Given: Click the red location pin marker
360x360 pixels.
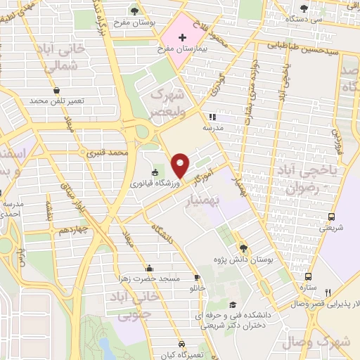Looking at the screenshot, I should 181,165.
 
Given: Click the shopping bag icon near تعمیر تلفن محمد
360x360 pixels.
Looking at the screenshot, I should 56,91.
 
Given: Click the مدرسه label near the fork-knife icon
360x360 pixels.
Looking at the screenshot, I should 212,129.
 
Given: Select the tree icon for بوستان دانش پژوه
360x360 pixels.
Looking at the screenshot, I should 243,247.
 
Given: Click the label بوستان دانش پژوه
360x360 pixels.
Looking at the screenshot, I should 245,259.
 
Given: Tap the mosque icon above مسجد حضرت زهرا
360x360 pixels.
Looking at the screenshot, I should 149,268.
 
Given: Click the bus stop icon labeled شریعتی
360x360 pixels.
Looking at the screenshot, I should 331,216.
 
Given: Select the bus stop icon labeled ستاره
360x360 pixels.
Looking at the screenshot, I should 308,276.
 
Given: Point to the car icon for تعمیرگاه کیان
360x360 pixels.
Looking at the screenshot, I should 182,345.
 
